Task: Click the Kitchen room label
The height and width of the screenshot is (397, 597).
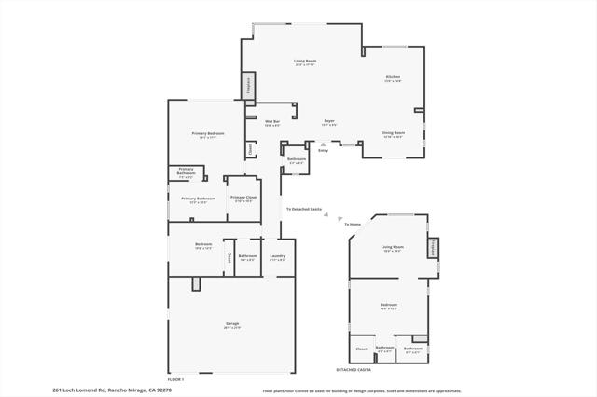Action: pyautogui.click(x=393, y=78)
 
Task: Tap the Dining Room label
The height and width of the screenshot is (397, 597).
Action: pyautogui.click(x=392, y=134)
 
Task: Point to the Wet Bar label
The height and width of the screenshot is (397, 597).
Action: pyautogui.click(x=272, y=122)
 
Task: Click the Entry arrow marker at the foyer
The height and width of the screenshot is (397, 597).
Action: pyautogui.click(x=323, y=145)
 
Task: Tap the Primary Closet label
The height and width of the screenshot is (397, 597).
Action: pyautogui.click(x=243, y=198)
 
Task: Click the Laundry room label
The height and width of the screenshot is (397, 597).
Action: pyautogui.click(x=277, y=256)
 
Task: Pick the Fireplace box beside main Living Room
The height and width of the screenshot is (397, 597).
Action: pyautogui.click(x=249, y=86)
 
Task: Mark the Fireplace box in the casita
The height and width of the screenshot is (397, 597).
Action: pyautogui.click(x=433, y=248)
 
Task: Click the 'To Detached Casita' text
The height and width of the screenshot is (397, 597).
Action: pyautogui.click(x=303, y=209)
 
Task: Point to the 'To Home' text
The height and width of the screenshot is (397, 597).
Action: pyautogui.click(x=353, y=225)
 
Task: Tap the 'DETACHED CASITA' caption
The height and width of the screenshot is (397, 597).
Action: pyautogui.click(x=354, y=370)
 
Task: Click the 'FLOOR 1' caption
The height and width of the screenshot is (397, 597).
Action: pyautogui.click(x=175, y=379)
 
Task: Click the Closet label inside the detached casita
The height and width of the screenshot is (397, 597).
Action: pyautogui.click(x=361, y=349)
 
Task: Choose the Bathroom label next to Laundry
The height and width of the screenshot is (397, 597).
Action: pyautogui.click(x=247, y=256)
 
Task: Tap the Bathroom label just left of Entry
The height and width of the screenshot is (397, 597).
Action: pyautogui.click(x=297, y=160)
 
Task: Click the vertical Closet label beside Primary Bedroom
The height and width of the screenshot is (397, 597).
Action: pyautogui.click(x=250, y=148)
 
